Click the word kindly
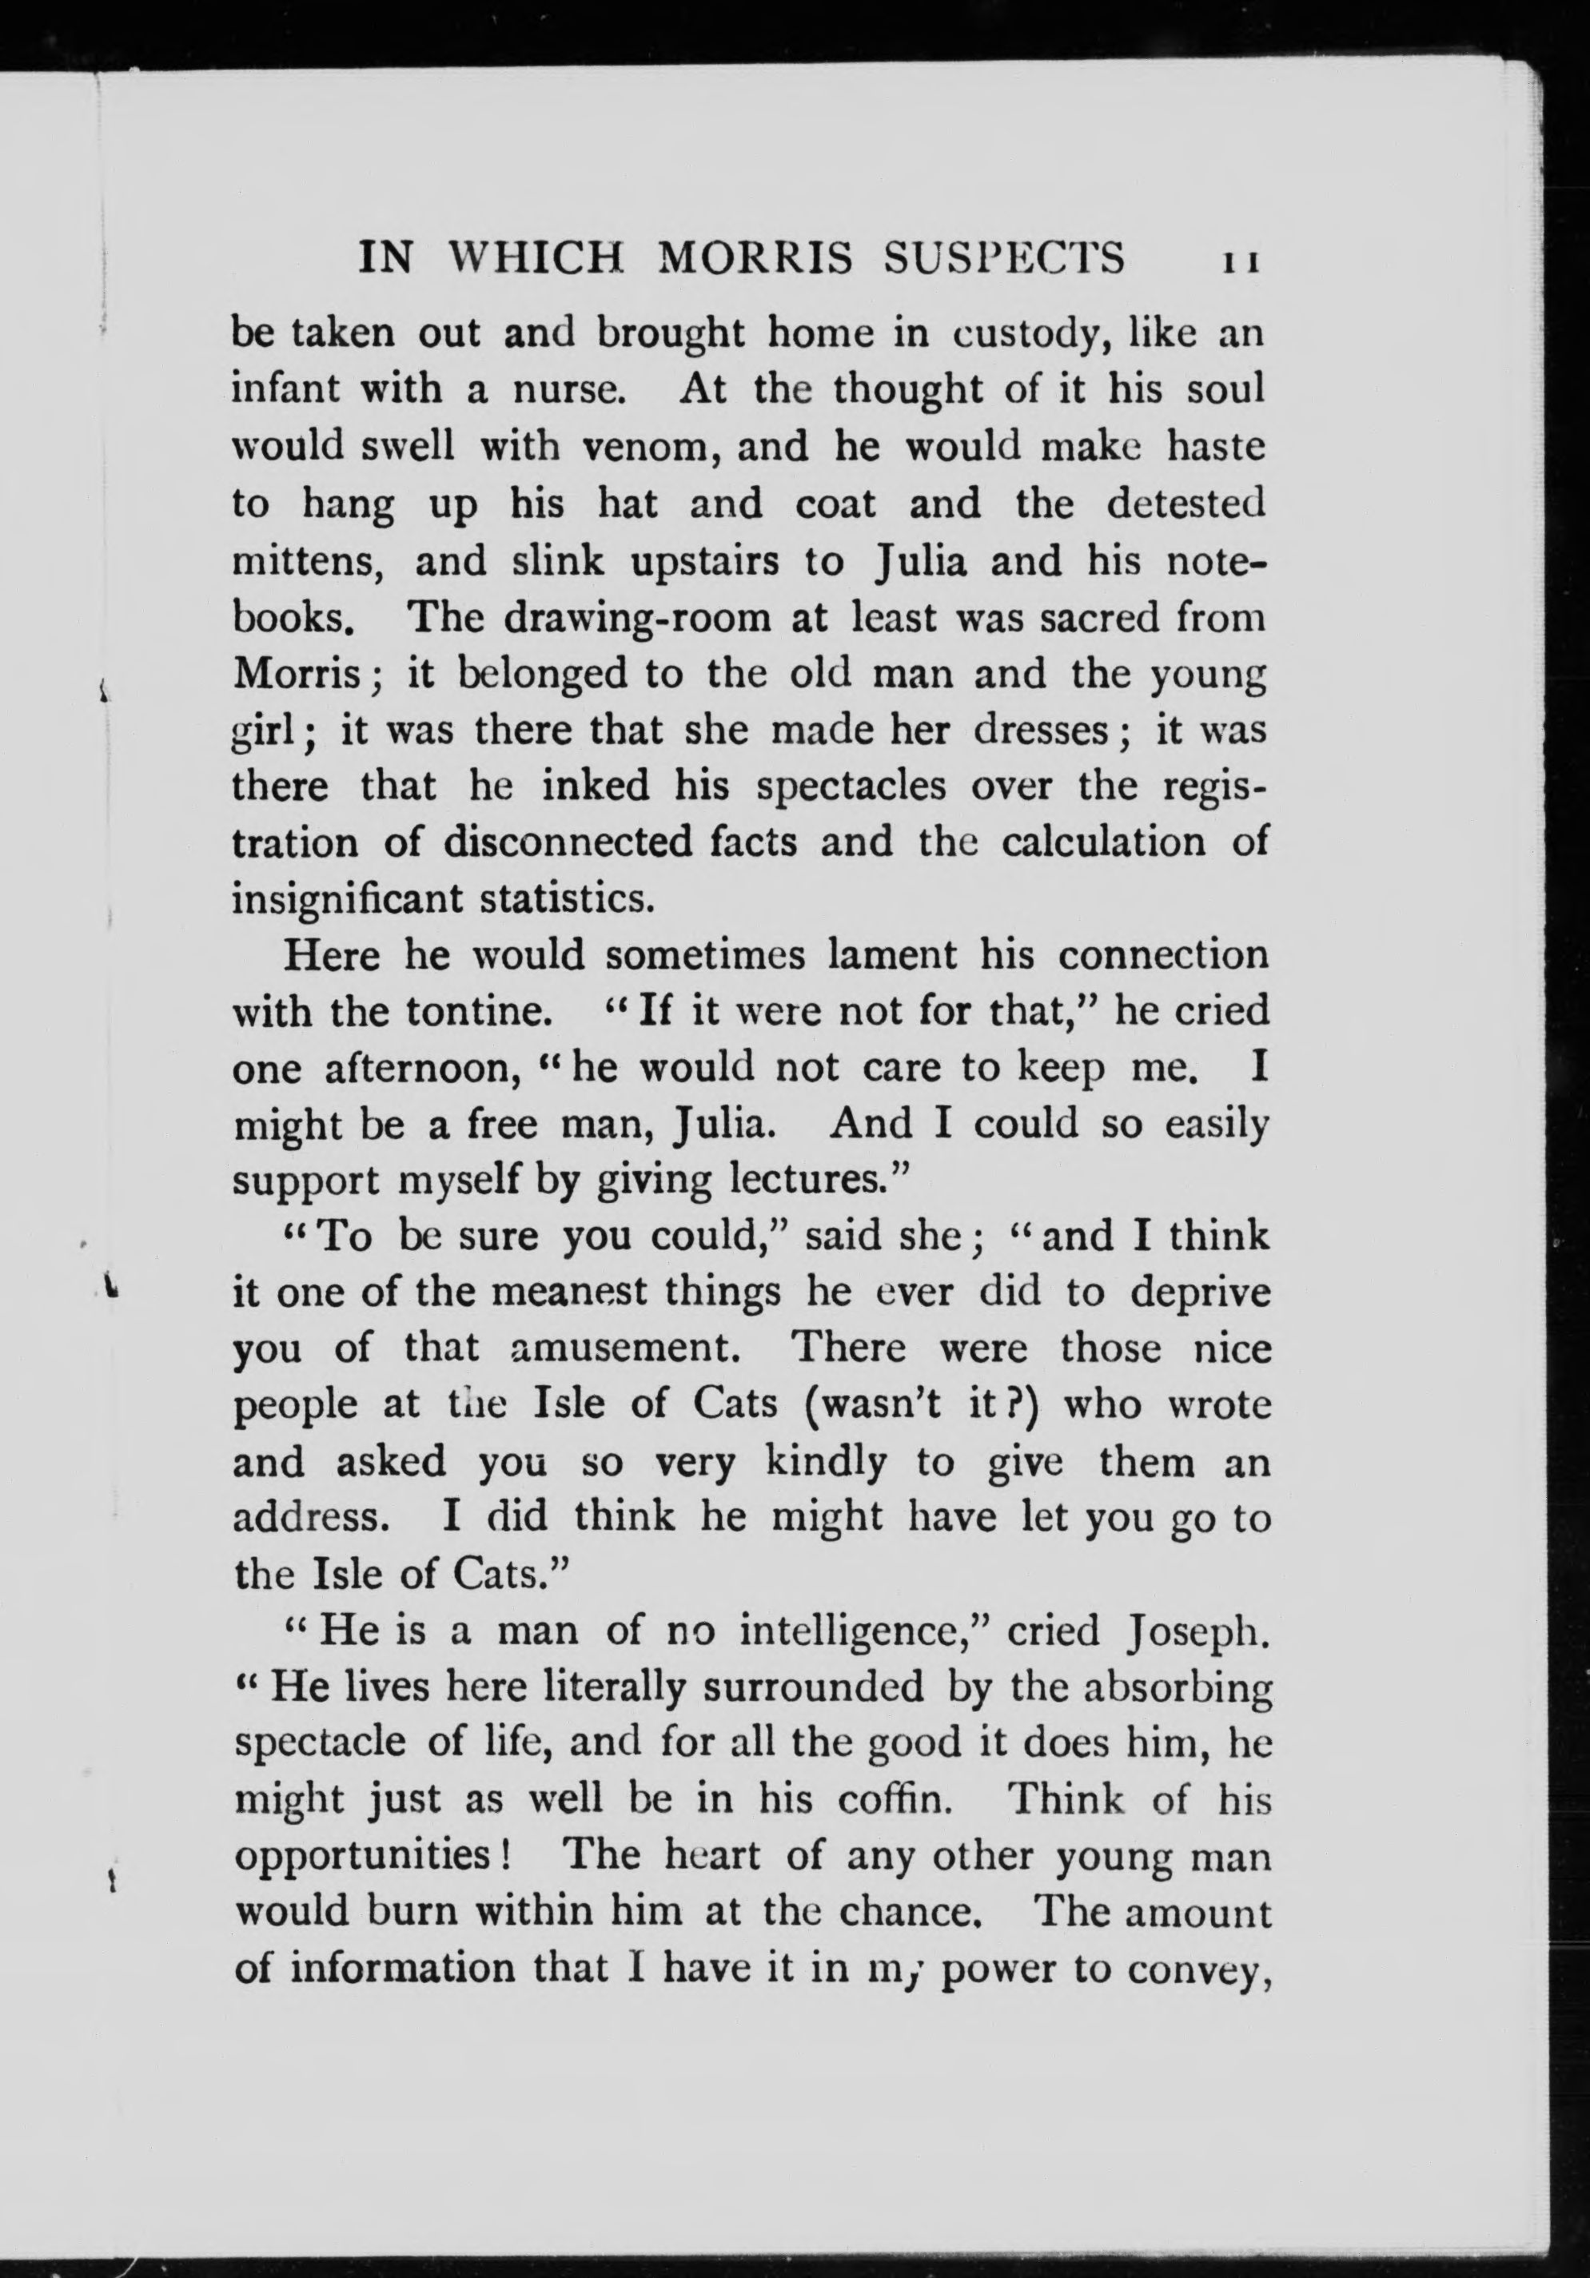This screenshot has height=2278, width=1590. (813, 1463)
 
